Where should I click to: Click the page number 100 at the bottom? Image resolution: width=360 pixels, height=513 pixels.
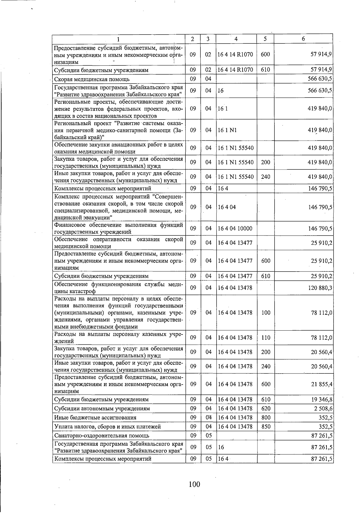pyautogui.click(x=194, y=484)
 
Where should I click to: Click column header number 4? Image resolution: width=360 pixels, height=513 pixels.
pyautogui.click(x=236, y=39)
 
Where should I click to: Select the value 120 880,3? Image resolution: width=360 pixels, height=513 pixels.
pyautogui.click(x=320, y=288)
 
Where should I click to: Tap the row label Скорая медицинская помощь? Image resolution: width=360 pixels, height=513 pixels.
pyautogui.click(x=91, y=79)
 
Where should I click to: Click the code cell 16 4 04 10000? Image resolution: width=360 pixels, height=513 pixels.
pyautogui.click(x=235, y=229)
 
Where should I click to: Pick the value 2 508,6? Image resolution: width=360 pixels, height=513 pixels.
pyautogui.click(x=322, y=409)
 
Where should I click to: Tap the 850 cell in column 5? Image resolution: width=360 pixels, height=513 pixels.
pyautogui.click(x=265, y=427)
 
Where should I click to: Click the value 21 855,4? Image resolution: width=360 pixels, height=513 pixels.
pyautogui.click(x=320, y=384)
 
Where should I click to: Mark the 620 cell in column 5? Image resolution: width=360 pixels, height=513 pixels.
pyautogui.click(x=265, y=409)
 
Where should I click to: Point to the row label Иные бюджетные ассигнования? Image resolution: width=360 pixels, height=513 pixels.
pyautogui.click(x=95, y=418)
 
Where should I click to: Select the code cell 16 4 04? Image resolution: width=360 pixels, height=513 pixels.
pyautogui.click(x=227, y=207)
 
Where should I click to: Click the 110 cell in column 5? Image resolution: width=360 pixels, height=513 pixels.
pyautogui.click(x=265, y=337)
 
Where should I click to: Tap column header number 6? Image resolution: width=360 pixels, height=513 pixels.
pyautogui.click(x=303, y=39)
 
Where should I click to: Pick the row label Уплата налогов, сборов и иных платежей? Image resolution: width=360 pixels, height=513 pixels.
pyautogui.click(x=107, y=427)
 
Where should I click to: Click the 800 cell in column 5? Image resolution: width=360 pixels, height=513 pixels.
pyautogui.click(x=265, y=418)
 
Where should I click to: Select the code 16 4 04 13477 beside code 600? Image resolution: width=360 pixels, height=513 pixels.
pyautogui.click(x=235, y=261)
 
